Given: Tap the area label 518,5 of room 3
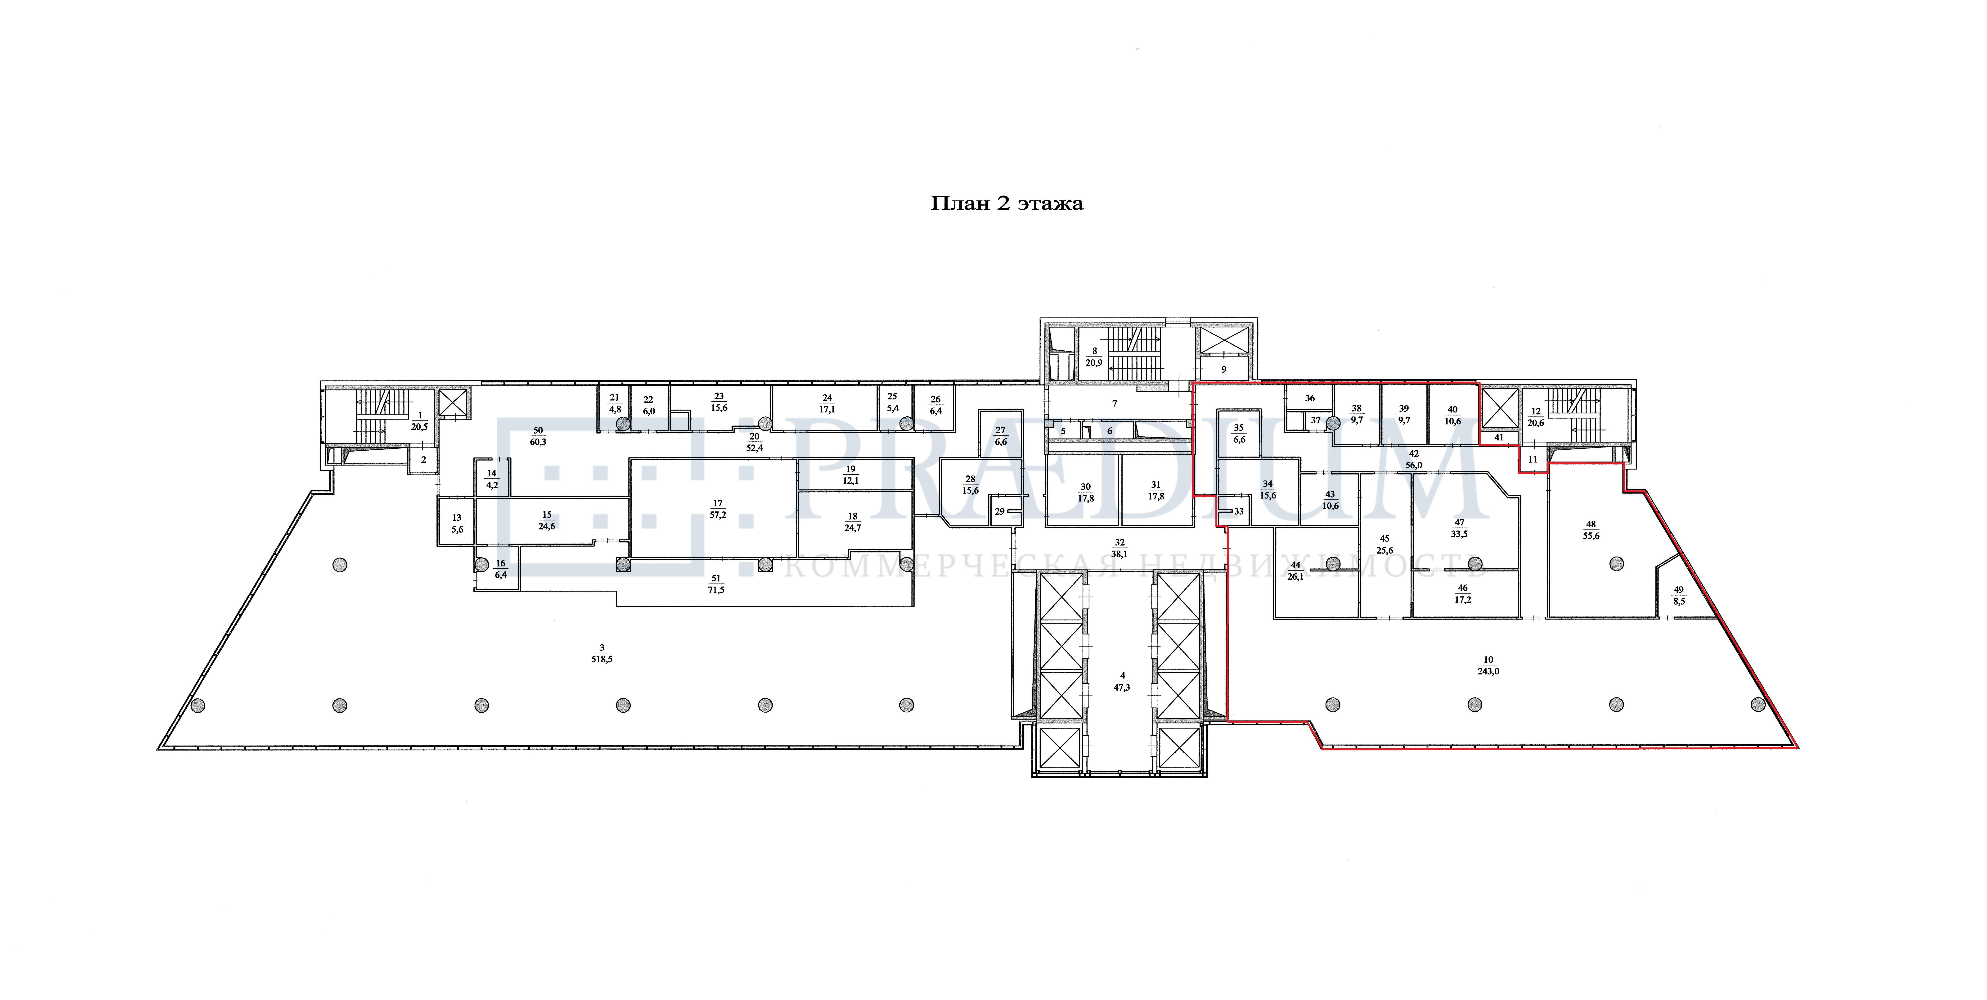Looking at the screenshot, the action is (x=602, y=660).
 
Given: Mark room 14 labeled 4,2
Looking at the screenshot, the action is (x=491, y=479).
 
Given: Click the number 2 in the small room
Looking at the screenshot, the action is (x=423, y=460).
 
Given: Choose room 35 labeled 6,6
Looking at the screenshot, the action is (x=1239, y=433).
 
